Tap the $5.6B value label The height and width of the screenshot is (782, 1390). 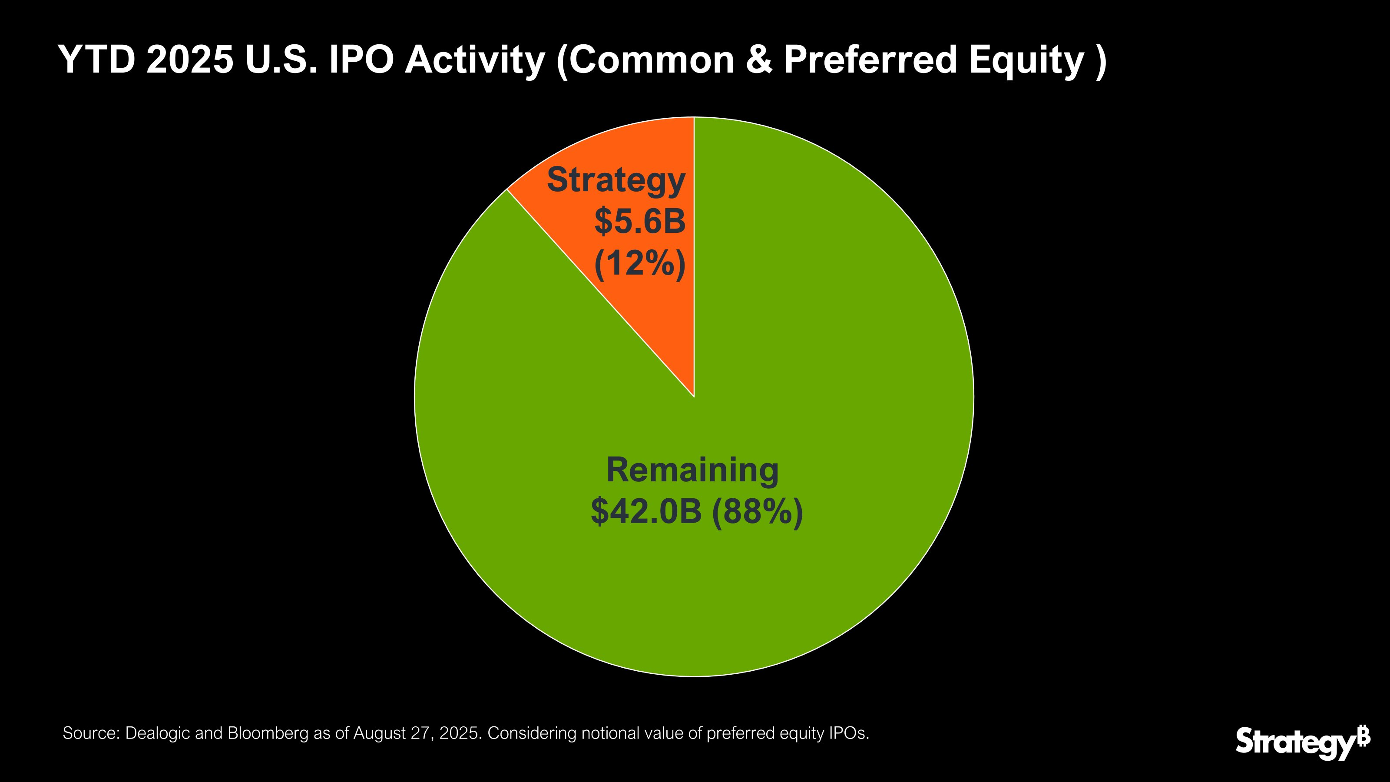[x=640, y=222]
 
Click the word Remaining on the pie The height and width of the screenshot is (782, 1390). [x=692, y=470]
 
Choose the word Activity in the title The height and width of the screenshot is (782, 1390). [x=475, y=60]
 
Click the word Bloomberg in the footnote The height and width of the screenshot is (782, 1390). [x=267, y=733]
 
